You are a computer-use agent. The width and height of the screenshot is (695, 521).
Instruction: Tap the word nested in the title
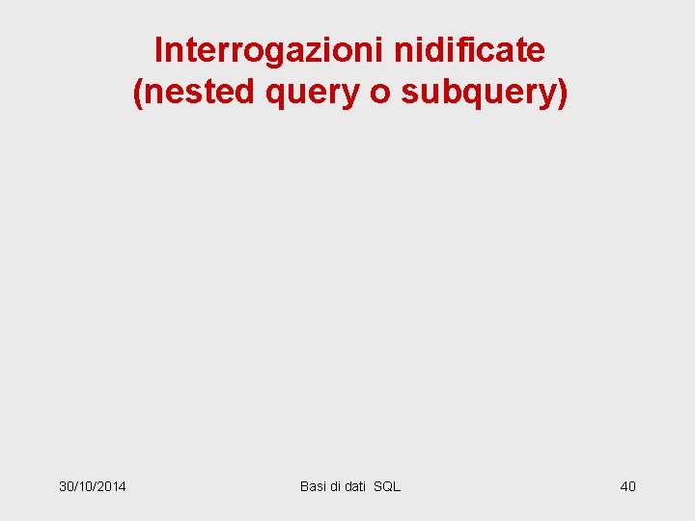[189, 92]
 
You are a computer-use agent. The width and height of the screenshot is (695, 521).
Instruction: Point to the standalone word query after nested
[293, 94]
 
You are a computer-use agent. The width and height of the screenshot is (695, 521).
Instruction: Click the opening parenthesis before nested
[138, 93]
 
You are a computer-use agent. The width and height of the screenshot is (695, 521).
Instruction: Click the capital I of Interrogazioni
[159, 49]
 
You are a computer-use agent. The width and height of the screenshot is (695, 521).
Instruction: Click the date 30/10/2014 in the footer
[92, 486]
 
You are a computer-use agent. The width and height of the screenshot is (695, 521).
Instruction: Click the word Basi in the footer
[313, 486]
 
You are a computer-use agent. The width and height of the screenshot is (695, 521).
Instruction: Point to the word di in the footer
[336, 486]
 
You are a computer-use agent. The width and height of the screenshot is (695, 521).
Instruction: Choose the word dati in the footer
[355, 486]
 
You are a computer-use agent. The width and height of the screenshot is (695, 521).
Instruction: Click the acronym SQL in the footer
[387, 486]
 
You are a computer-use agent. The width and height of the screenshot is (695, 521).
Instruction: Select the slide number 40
[627, 486]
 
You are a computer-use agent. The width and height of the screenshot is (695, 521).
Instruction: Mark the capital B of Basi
[304, 486]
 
